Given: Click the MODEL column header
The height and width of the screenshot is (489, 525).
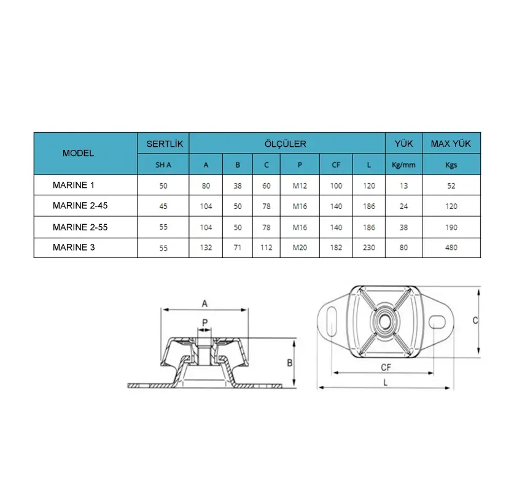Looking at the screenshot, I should [x=79, y=153].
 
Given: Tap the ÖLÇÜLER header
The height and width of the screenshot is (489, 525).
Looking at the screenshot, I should [x=285, y=144].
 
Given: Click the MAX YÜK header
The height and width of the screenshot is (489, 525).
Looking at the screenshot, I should [x=451, y=144].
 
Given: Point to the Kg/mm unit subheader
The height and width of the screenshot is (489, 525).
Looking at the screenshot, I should [x=403, y=165].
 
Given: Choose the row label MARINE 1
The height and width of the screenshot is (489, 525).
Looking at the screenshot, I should [x=74, y=184].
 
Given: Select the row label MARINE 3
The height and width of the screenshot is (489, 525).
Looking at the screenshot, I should [x=74, y=248].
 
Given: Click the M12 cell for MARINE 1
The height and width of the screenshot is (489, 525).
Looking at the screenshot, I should [x=300, y=186].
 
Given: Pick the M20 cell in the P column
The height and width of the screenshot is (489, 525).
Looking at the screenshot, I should [x=300, y=249].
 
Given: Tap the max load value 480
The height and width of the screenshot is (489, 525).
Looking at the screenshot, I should [x=451, y=249].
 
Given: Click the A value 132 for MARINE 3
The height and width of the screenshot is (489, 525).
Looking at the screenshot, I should [x=206, y=249].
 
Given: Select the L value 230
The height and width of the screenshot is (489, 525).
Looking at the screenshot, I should [x=368, y=249].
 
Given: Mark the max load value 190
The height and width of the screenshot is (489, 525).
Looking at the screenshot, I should [x=451, y=227].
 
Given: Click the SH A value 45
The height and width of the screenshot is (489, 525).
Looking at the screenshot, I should [x=163, y=206].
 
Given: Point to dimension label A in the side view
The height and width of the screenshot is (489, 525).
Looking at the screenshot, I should [x=204, y=303].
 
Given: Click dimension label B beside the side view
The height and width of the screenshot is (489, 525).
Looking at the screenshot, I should [x=289, y=363].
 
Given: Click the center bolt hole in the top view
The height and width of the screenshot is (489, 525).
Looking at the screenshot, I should [x=386, y=320].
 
